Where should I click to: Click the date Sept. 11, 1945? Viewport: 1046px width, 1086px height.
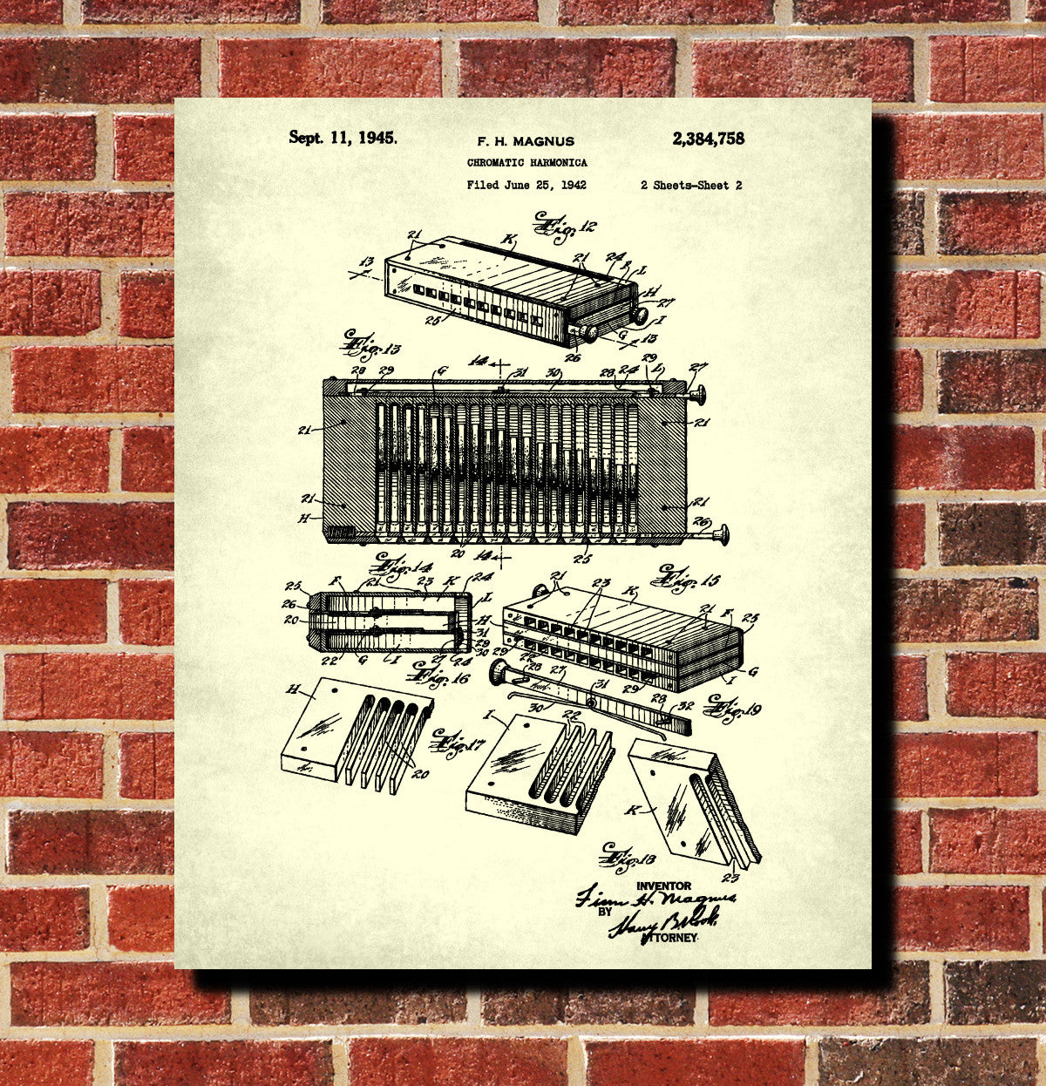[x=343, y=137]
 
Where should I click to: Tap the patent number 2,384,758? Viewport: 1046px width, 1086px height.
[x=708, y=138]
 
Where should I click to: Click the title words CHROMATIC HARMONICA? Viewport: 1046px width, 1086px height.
[x=526, y=163]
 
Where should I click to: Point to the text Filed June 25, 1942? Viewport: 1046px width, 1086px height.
[x=526, y=185]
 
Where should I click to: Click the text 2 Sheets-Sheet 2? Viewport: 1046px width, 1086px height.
[x=690, y=185]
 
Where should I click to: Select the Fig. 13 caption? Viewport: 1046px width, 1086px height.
[x=371, y=345]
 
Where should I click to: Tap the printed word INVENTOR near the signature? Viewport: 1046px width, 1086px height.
[x=663, y=886]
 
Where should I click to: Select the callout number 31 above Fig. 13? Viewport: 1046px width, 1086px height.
[x=521, y=373]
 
